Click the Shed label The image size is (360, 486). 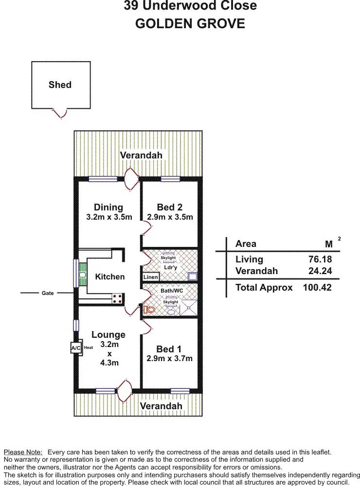[60, 85]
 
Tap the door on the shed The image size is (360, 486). [60, 113]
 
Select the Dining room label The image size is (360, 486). [108, 208]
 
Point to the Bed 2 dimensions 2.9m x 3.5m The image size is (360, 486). [170, 217]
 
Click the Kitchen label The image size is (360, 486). [109, 277]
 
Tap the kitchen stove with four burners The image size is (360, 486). [117, 298]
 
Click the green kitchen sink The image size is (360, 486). [83, 276]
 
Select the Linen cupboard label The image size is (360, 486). [150, 277]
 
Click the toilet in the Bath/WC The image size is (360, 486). [149, 309]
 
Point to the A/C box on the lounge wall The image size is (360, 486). [76, 348]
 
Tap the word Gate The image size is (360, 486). [48, 293]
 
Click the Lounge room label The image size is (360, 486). [108, 335]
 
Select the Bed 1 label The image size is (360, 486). [169, 349]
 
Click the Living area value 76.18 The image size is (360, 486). [320, 260]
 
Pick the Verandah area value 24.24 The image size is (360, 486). [320, 271]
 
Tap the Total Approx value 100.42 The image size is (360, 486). [317, 288]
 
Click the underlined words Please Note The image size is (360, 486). [23, 452]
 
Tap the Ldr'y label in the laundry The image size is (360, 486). [170, 267]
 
